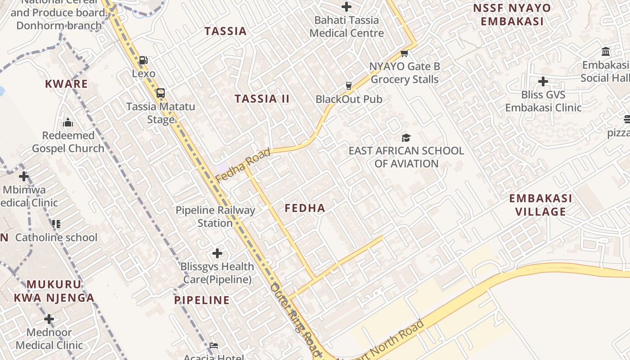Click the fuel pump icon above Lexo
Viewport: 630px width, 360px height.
click(x=143, y=60)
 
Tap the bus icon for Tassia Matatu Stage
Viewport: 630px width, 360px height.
click(x=160, y=93)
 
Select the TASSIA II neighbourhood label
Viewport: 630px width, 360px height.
click(x=262, y=99)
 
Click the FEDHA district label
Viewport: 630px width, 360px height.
click(x=305, y=208)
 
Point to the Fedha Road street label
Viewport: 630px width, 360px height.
click(x=243, y=165)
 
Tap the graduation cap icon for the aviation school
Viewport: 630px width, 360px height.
click(x=406, y=138)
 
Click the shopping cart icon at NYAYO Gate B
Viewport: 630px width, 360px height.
click(x=404, y=54)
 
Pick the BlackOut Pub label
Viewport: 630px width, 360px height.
click(x=349, y=99)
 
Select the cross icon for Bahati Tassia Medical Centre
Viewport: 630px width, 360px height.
click(x=346, y=7)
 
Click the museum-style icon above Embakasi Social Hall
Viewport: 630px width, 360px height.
click(x=605, y=52)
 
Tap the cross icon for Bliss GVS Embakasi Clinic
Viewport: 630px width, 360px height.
click(x=543, y=81)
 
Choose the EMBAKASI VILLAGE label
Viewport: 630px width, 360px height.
click(x=540, y=205)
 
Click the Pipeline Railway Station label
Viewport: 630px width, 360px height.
click(x=215, y=216)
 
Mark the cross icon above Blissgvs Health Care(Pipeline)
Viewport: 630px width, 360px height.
click(x=217, y=253)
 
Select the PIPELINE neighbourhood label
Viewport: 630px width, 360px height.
click(x=202, y=300)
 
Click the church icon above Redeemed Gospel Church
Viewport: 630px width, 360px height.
click(x=68, y=122)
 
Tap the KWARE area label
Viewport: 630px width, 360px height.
click(x=67, y=84)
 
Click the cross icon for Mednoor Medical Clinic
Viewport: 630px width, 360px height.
click(x=49, y=319)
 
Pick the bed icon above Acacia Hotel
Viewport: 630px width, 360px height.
click(x=214, y=346)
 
